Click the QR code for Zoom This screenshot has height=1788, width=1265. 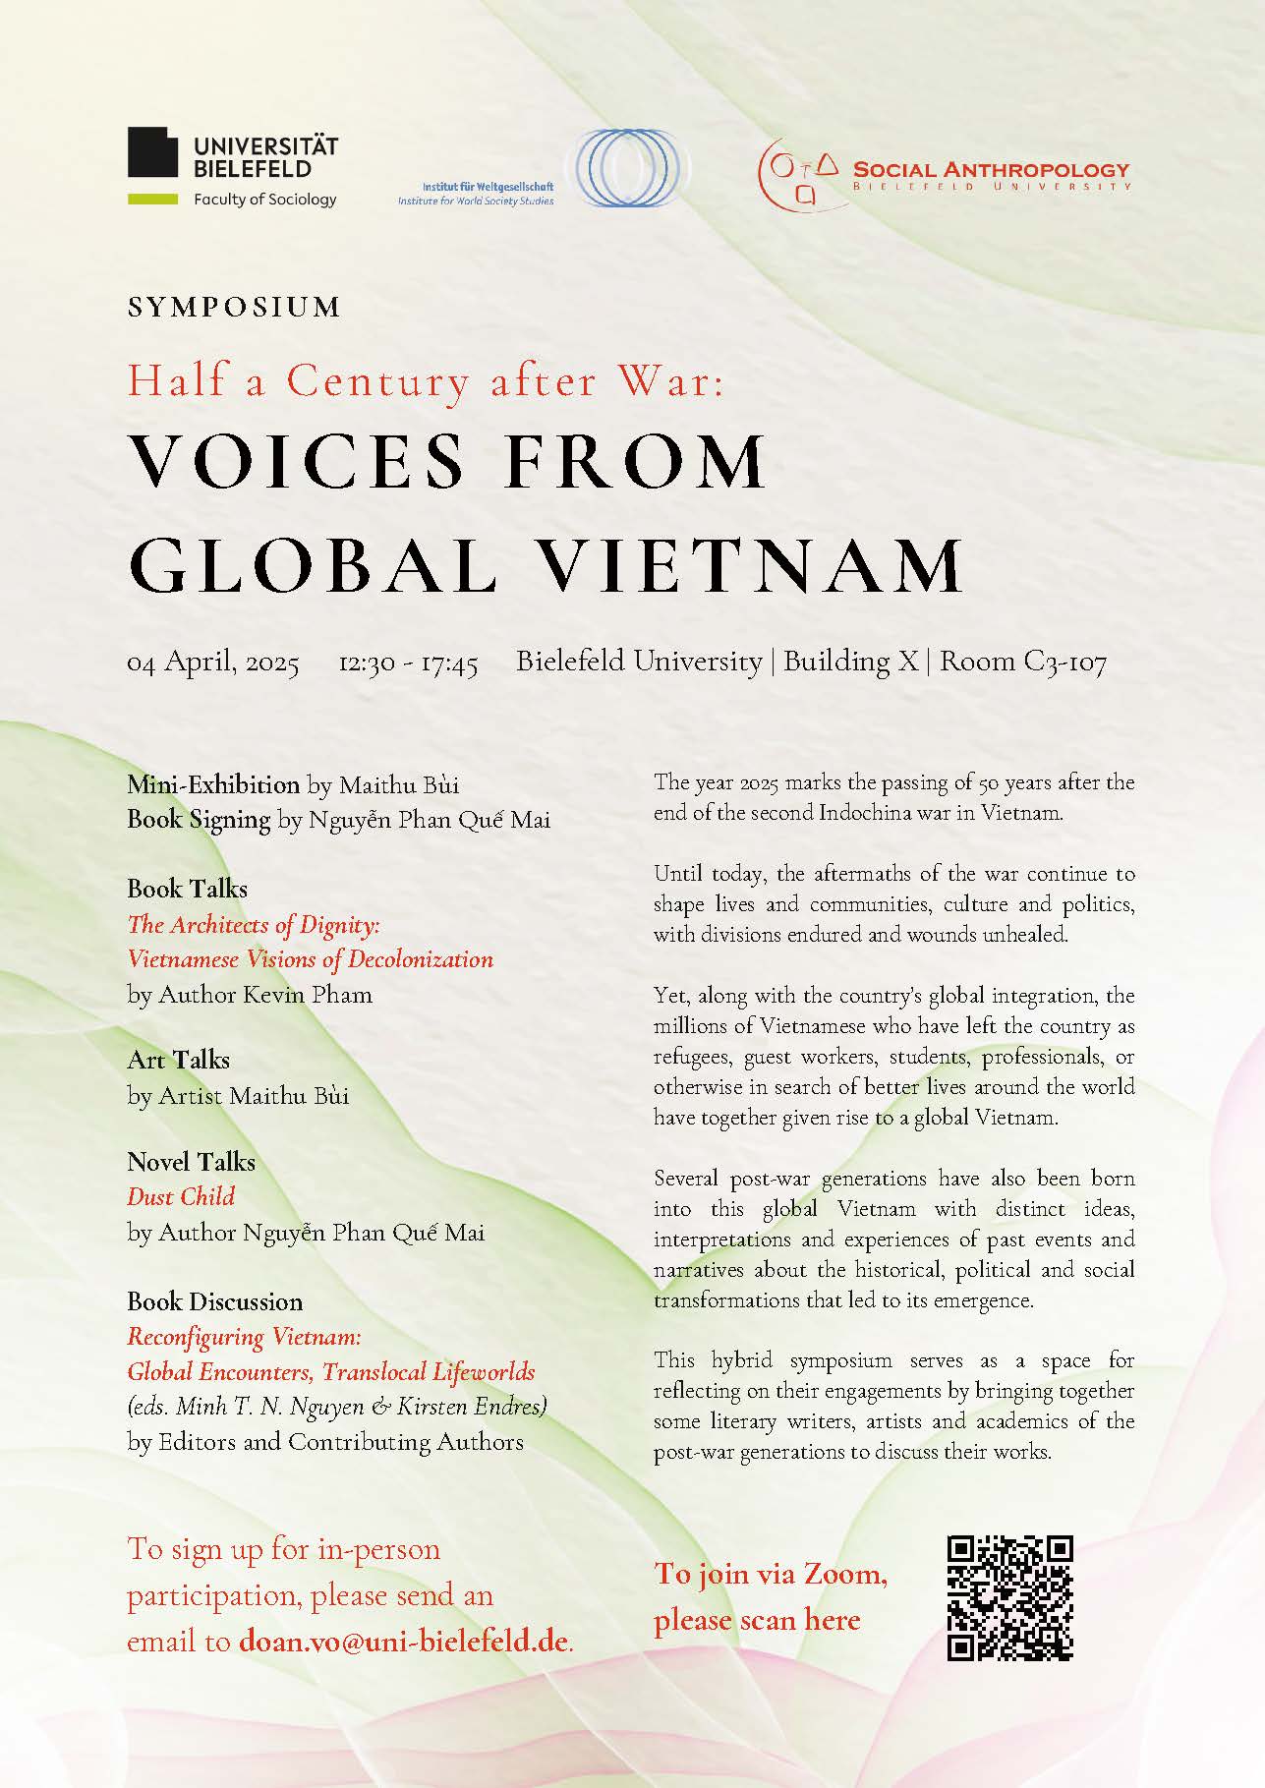click(1009, 1597)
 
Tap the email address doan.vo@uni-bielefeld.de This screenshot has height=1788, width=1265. click(404, 1642)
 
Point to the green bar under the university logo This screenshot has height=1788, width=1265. click(152, 200)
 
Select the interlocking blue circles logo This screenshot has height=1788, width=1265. click(633, 168)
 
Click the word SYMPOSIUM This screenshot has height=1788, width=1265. click(234, 307)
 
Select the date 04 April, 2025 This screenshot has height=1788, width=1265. click(213, 663)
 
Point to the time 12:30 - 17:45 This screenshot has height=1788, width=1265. click(408, 663)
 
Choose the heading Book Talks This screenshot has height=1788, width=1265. click(187, 889)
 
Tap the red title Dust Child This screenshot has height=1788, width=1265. click(181, 1196)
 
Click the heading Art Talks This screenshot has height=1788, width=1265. click(178, 1060)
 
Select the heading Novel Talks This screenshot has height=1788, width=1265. click(191, 1162)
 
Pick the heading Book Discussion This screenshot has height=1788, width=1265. click(214, 1301)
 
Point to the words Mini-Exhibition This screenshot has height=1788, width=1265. click(213, 784)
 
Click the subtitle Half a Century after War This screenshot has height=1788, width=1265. click(425, 381)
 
